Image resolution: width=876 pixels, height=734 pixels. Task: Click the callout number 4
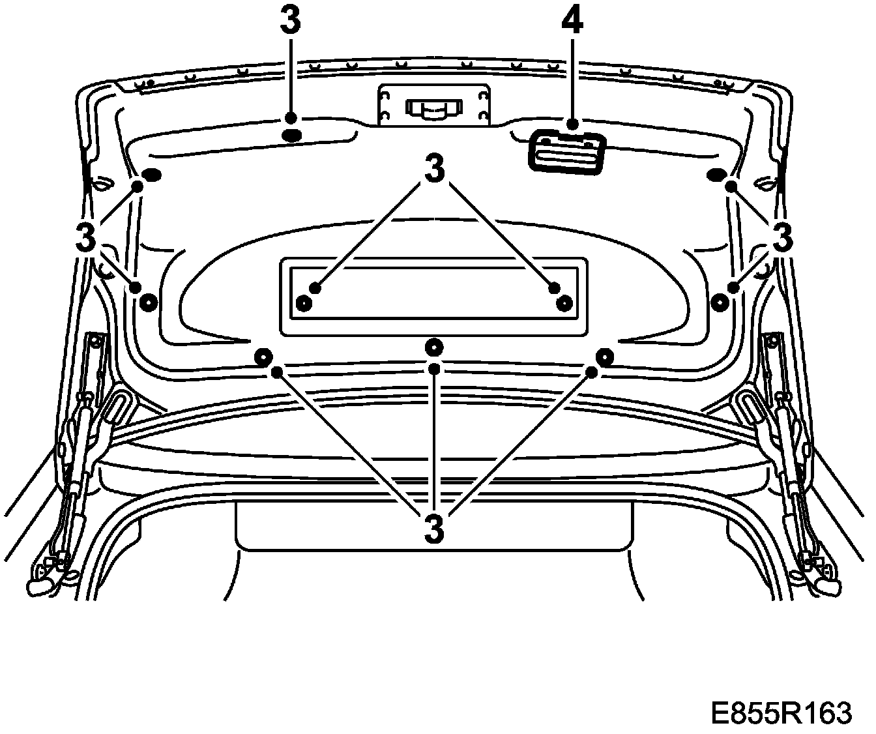click(x=572, y=22)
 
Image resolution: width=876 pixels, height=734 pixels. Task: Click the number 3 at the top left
click(x=291, y=22)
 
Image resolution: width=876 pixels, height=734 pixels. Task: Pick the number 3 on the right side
click(x=781, y=237)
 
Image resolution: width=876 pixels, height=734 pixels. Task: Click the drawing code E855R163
click(x=781, y=712)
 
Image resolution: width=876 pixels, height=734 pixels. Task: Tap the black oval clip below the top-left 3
click(x=291, y=136)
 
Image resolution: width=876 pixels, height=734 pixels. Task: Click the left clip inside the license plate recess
click(x=304, y=302)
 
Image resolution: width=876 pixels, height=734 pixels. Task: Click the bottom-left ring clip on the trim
click(x=264, y=357)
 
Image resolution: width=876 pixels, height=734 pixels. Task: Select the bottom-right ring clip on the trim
click(x=605, y=357)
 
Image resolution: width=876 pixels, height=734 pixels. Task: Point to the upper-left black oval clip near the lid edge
click(x=151, y=175)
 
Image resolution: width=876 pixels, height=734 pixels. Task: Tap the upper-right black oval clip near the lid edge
click(x=716, y=175)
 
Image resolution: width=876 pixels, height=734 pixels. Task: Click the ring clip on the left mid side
click(x=148, y=301)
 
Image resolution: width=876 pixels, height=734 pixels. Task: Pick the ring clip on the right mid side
click(x=720, y=301)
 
